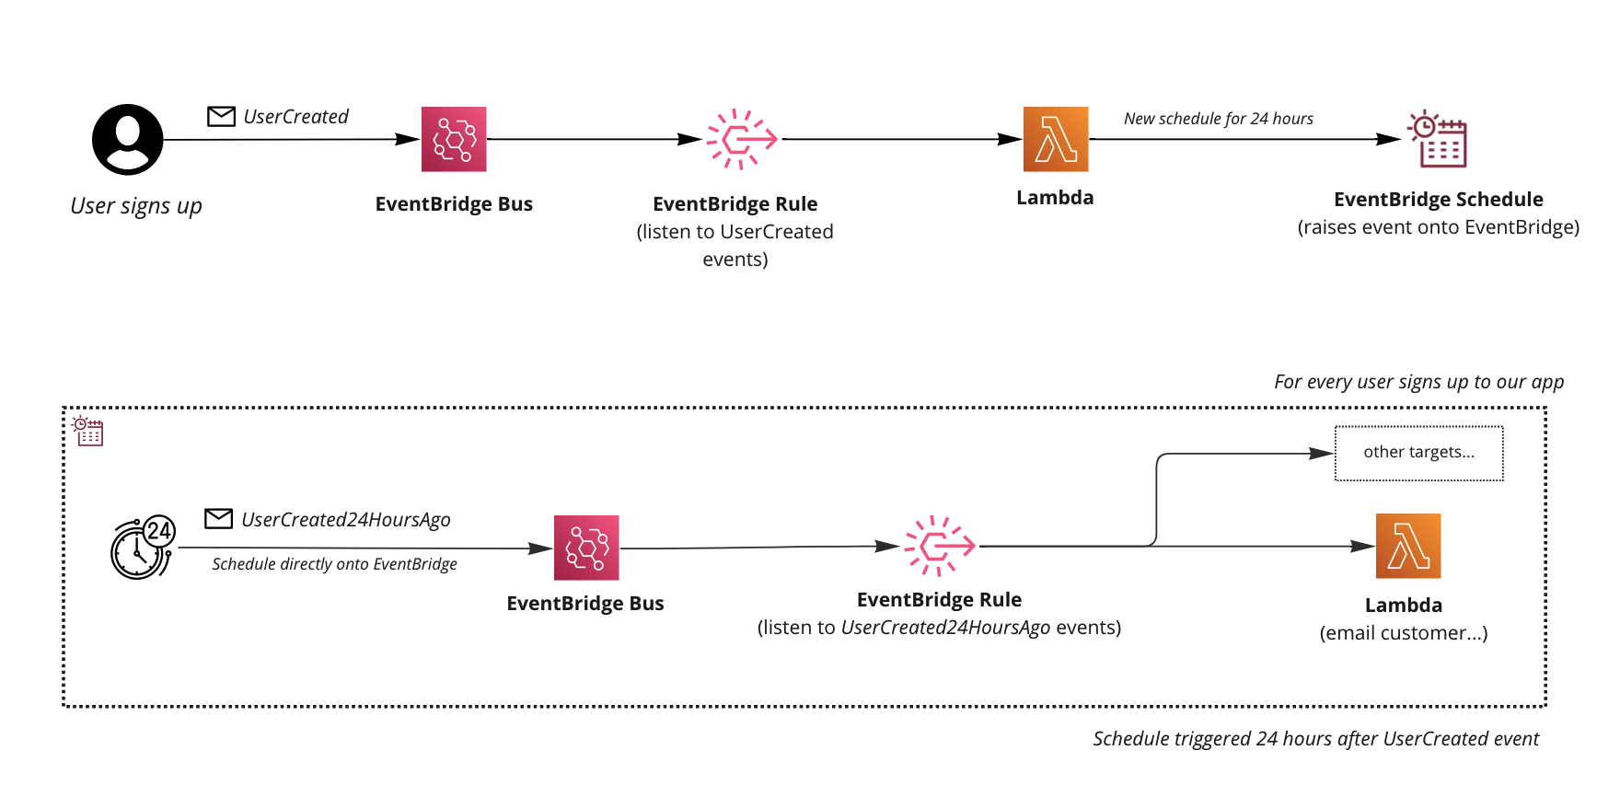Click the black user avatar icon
[x=128, y=140]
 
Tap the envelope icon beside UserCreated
[x=221, y=116]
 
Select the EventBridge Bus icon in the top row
[x=454, y=139]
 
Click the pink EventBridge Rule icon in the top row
[x=741, y=139]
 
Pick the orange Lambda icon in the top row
[x=1056, y=139]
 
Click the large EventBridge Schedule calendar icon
[x=1438, y=140]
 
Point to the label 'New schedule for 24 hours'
[x=1218, y=119]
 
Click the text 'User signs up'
[x=136, y=206]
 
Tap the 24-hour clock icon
[x=142, y=548]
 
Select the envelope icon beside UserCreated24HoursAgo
[x=218, y=519]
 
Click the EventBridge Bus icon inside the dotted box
[x=586, y=548]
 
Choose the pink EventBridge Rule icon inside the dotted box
[x=939, y=546]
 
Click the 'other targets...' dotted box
[x=1418, y=453]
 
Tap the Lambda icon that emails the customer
[x=1407, y=546]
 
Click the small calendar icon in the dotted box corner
[x=88, y=431]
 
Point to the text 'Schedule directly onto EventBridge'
[x=334, y=564]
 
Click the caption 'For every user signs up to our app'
[x=1418, y=382]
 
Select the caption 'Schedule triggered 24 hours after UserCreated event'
[x=1315, y=739]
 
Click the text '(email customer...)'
[x=1403, y=633]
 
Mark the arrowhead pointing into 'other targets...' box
[x=1323, y=453]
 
